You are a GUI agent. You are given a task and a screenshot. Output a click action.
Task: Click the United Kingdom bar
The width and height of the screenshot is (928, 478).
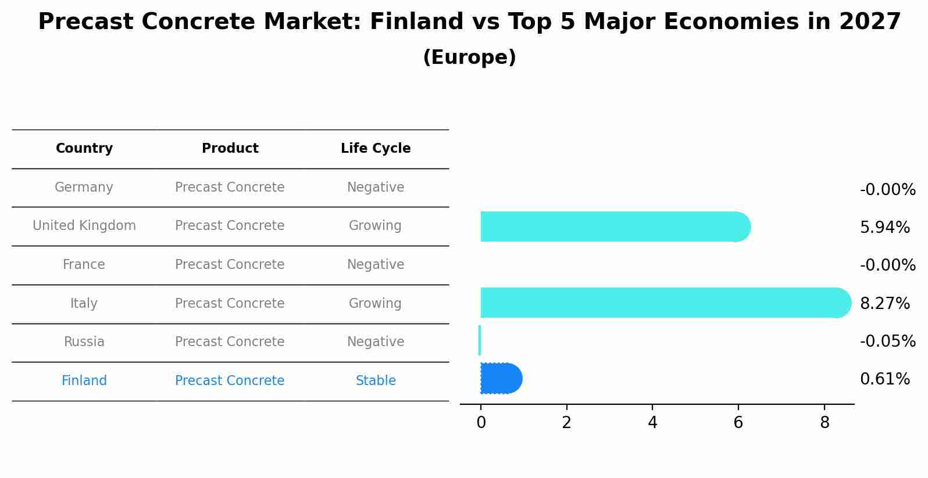pyautogui.click(x=616, y=227)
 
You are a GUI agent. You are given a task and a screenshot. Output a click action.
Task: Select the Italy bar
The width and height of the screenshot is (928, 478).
pyautogui.click(x=666, y=303)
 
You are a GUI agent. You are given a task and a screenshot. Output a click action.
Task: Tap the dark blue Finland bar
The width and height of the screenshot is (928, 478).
pyautogui.click(x=501, y=378)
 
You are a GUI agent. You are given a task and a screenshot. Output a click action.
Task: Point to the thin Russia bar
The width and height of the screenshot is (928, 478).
pyautogui.click(x=480, y=340)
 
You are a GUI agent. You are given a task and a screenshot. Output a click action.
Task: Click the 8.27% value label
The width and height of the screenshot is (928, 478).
pyautogui.click(x=885, y=303)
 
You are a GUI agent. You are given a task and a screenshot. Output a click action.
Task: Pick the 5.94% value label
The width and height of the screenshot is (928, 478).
pyautogui.click(x=885, y=227)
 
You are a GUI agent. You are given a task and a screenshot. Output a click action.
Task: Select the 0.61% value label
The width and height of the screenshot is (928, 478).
pyautogui.click(x=885, y=379)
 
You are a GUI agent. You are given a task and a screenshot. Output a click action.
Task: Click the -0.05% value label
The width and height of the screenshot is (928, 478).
pyautogui.click(x=888, y=341)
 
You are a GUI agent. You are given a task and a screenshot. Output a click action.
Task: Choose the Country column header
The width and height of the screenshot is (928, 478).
pyautogui.click(x=84, y=148)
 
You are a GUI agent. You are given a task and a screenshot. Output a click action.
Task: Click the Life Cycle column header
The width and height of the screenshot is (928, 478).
pyautogui.click(x=376, y=148)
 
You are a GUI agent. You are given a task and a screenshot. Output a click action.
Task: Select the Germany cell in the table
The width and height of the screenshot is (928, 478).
pyautogui.click(x=84, y=188)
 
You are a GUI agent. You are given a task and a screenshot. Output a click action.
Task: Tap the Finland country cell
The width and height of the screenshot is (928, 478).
pyautogui.click(x=84, y=380)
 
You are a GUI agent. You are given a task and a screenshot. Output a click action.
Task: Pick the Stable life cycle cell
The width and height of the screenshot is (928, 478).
pyautogui.click(x=376, y=380)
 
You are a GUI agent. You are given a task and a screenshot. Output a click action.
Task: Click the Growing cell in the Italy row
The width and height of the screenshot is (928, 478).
pyautogui.click(x=375, y=303)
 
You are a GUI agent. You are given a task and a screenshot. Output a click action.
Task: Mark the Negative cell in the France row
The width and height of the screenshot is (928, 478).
pyautogui.click(x=376, y=264)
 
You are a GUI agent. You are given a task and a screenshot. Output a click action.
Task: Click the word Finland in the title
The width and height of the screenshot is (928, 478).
pyautogui.click(x=416, y=21)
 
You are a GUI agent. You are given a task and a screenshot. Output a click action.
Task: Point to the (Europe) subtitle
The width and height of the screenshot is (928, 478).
pyautogui.click(x=469, y=57)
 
